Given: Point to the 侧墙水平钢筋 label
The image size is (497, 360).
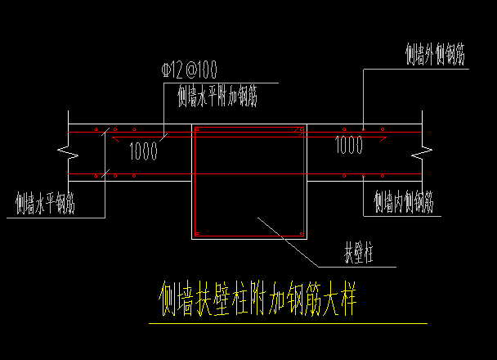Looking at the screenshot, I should point(46,203).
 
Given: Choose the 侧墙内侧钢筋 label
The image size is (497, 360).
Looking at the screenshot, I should point(403,200).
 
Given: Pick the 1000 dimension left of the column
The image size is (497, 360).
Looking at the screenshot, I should point(144,151).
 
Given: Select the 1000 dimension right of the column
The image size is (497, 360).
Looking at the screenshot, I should point(349,146).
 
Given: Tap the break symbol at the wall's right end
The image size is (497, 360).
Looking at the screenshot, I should point(420,152).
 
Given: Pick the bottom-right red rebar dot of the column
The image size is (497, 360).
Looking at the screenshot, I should point(301,234).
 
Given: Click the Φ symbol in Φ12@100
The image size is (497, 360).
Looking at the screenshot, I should point(168,70).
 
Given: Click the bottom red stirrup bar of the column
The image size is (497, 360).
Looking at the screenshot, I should point(249,236).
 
